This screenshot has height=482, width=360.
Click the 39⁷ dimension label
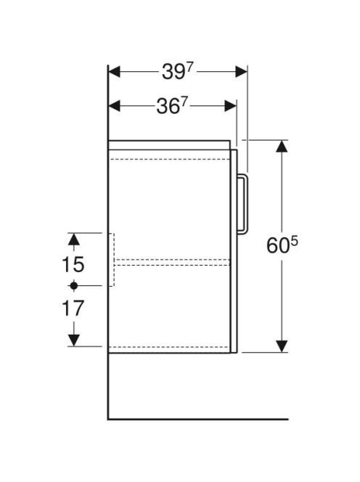tap(177, 72)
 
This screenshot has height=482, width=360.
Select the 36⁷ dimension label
tap(171, 107)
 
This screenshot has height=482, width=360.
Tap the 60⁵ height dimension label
tap(282, 245)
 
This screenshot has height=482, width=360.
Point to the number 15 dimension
tap(73, 264)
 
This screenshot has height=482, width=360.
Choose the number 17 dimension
tap(73, 309)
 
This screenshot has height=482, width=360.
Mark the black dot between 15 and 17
tap(73, 286)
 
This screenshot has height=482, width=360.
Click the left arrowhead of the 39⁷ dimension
tap(115, 72)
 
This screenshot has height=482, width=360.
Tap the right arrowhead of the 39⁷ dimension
tap(242, 72)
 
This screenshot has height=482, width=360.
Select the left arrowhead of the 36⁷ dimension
tap(115, 106)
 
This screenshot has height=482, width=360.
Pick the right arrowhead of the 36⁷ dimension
tap(231, 106)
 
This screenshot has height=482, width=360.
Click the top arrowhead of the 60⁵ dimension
tap(282, 147)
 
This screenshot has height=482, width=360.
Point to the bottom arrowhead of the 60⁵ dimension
tap(282, 346)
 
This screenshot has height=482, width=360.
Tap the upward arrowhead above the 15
tap(73, 239)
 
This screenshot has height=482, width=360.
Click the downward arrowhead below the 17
tap(73, 340)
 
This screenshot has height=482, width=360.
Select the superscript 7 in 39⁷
tap(189, 68)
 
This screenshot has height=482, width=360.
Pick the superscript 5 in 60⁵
tap(295, 242)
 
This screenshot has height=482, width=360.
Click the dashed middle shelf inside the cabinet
tap(172, 262)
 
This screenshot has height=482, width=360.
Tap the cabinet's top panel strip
tap(169, 145)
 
